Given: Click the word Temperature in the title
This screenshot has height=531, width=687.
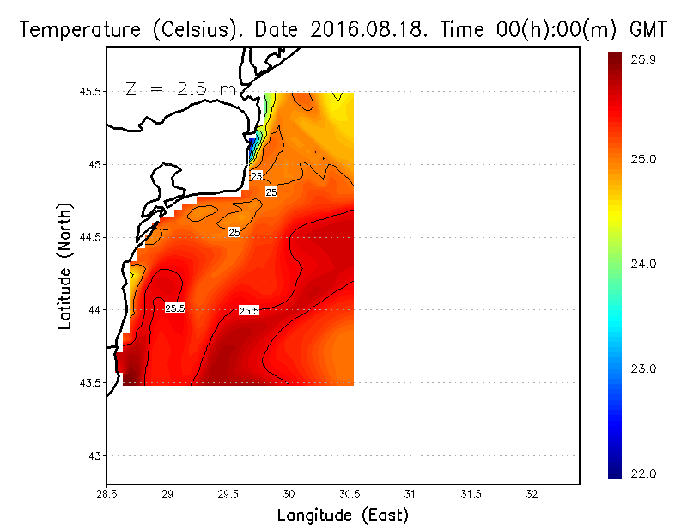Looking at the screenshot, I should coord(72,30).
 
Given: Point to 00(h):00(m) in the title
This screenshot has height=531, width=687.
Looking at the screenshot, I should coord(544,30).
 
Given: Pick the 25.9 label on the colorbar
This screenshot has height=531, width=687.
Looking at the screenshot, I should coord(643,59).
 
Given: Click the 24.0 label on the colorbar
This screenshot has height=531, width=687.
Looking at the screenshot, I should coord(643,264).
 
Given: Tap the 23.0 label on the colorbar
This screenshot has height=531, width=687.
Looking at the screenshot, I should coord(643,369).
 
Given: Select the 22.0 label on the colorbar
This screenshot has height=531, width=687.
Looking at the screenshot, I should coord(643,473).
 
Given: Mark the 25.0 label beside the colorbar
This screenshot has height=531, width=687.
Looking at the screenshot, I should coord(643,159).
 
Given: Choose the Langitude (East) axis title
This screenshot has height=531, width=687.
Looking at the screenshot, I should coord(343,516).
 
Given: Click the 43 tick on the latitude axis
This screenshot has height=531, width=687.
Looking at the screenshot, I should coord(95,455).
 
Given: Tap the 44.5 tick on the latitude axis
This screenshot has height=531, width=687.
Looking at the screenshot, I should coord(90,237).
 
